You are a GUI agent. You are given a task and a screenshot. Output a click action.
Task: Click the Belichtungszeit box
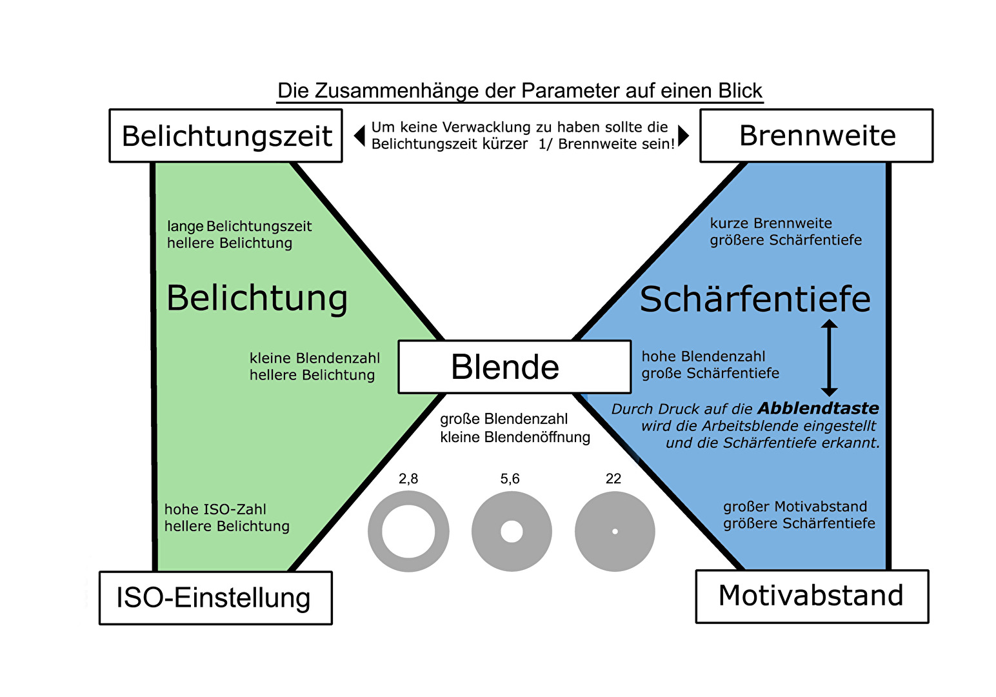[x=226, y=136]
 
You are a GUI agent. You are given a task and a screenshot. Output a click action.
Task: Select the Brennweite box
[x=816, y=136]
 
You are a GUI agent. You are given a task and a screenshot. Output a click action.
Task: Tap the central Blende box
[x=514, y=367]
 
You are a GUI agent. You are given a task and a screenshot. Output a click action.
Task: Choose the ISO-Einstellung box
[x=215, y=598]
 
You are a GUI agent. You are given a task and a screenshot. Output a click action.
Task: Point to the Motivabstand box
[x=812, y=596]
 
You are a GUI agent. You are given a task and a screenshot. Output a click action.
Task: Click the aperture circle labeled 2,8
[x=408, y=531]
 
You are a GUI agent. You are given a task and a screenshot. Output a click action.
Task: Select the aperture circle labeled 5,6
[x=512, y=531]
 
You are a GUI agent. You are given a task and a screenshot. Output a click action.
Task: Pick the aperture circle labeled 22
[x=615, y=531]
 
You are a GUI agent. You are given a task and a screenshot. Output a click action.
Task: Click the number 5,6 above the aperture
[x=510, y=479]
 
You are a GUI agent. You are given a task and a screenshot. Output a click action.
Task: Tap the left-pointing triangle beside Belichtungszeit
[x=360, y=136]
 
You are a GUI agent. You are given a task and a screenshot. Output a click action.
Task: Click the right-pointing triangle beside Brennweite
[x=683, y=136]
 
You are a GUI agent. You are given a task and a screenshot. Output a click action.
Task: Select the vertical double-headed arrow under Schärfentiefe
[x=829, y=358]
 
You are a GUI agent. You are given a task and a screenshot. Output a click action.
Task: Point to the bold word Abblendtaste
[x=818, y=409]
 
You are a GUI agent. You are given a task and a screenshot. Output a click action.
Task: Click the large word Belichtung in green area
[x=257, y=299]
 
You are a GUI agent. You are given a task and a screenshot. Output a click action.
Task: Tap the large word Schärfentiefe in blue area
[x=755, y=300]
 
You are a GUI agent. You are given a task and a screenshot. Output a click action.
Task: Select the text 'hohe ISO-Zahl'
[x=215, y=509]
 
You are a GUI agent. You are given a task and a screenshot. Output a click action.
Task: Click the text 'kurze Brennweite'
[x=771, y=223]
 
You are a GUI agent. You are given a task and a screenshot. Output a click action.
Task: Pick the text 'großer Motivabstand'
[x=795, y=507]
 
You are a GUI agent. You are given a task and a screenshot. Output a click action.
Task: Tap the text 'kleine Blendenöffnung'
[x=515, y=437]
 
